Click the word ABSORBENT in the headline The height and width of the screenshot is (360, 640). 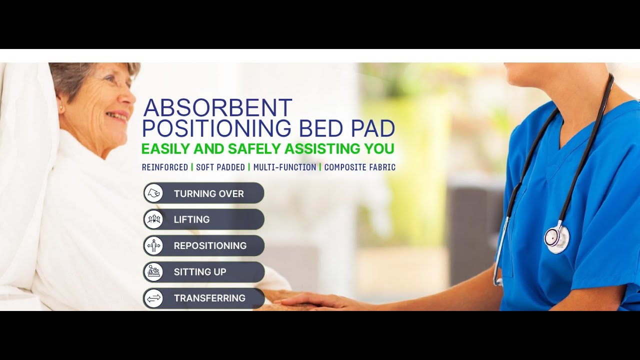coord(217,108)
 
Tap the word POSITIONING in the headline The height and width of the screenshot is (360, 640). coord(216,129)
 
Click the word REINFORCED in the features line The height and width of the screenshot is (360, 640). coord(165,167)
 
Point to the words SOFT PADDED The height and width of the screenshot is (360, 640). coord(220,167)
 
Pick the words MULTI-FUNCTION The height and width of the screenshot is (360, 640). coord(284,167)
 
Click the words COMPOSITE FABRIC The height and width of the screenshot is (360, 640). coord(359,167)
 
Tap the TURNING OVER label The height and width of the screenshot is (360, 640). coord(208,193)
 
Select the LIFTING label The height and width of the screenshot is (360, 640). coord(191,219)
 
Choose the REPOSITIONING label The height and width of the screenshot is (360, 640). coord(210,245)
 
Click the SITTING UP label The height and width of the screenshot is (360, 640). coord(200,272)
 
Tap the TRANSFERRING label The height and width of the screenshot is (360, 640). coord(209,298)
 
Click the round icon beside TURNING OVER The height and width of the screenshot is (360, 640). coord(153,193)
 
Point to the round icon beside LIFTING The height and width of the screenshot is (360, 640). coord(153,219)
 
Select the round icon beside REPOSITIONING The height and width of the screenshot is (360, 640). coord(153,245)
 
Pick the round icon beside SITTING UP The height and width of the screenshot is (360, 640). coord(153,272)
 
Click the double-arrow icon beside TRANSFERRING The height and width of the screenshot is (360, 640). coord(153,298)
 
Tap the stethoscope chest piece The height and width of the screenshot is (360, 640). coord(556,237)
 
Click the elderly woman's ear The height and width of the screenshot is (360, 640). coord(61,107)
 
